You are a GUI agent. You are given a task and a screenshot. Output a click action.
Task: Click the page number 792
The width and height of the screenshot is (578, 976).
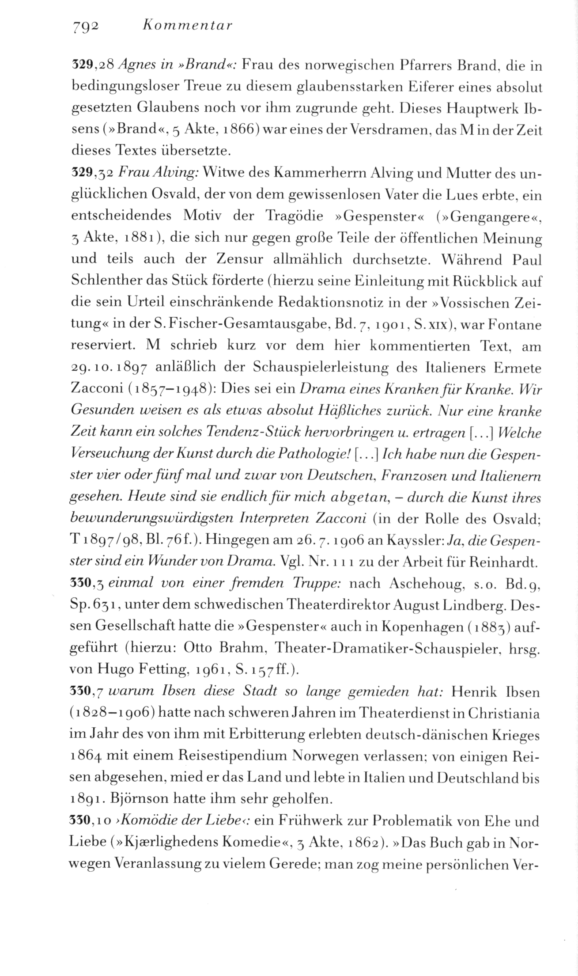[85, 26]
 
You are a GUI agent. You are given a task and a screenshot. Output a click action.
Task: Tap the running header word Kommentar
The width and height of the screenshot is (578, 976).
[187, 26]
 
